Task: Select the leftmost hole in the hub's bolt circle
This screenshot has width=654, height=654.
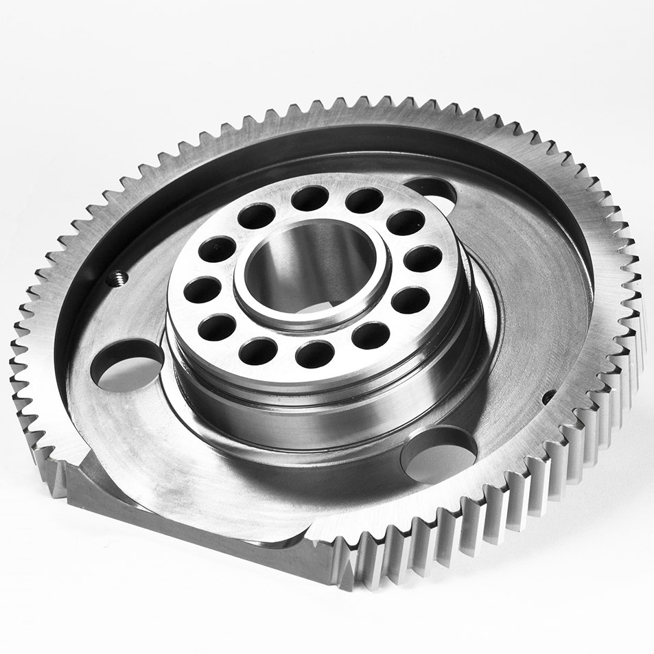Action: point(203,290)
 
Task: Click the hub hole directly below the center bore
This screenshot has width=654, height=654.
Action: point(315,354)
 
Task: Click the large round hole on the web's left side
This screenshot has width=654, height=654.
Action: point(127,365)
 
